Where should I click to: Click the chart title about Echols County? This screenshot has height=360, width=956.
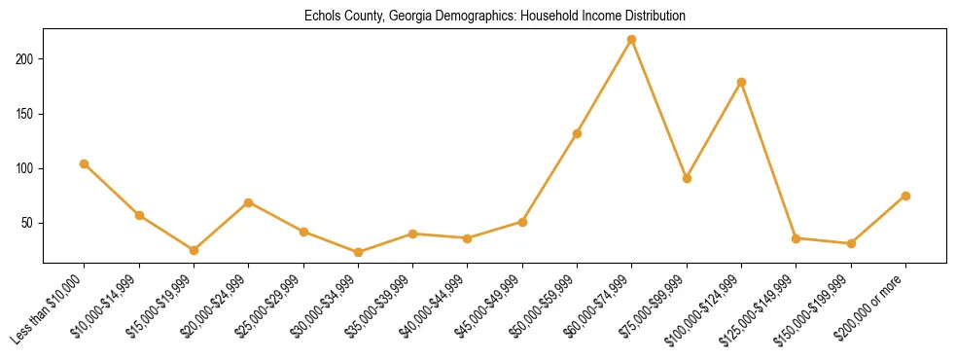click(494, 17)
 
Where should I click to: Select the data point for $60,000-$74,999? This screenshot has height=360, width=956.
click(632, 39)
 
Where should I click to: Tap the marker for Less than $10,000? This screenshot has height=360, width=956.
click(85, 163)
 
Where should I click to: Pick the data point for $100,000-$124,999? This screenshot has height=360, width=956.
click(741, 82)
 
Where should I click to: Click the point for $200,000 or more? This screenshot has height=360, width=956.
click(905, 196)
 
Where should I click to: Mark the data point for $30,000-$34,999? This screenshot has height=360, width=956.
click(358, 252)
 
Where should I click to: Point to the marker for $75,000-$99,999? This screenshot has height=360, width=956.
click(687, 178)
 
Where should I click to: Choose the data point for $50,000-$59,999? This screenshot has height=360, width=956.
click(577, 133)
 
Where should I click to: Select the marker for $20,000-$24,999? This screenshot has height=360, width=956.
click(249, 202)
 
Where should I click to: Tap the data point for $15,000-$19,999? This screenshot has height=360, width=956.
click(194, 250)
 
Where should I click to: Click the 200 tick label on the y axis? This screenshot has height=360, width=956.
click(27, 59)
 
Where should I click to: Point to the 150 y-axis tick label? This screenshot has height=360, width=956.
click(27, 114)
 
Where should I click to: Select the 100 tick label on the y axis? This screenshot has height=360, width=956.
click(27, 168)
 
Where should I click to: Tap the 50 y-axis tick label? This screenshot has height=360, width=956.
click(30, 223)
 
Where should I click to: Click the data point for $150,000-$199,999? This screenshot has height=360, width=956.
click(851, 243)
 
